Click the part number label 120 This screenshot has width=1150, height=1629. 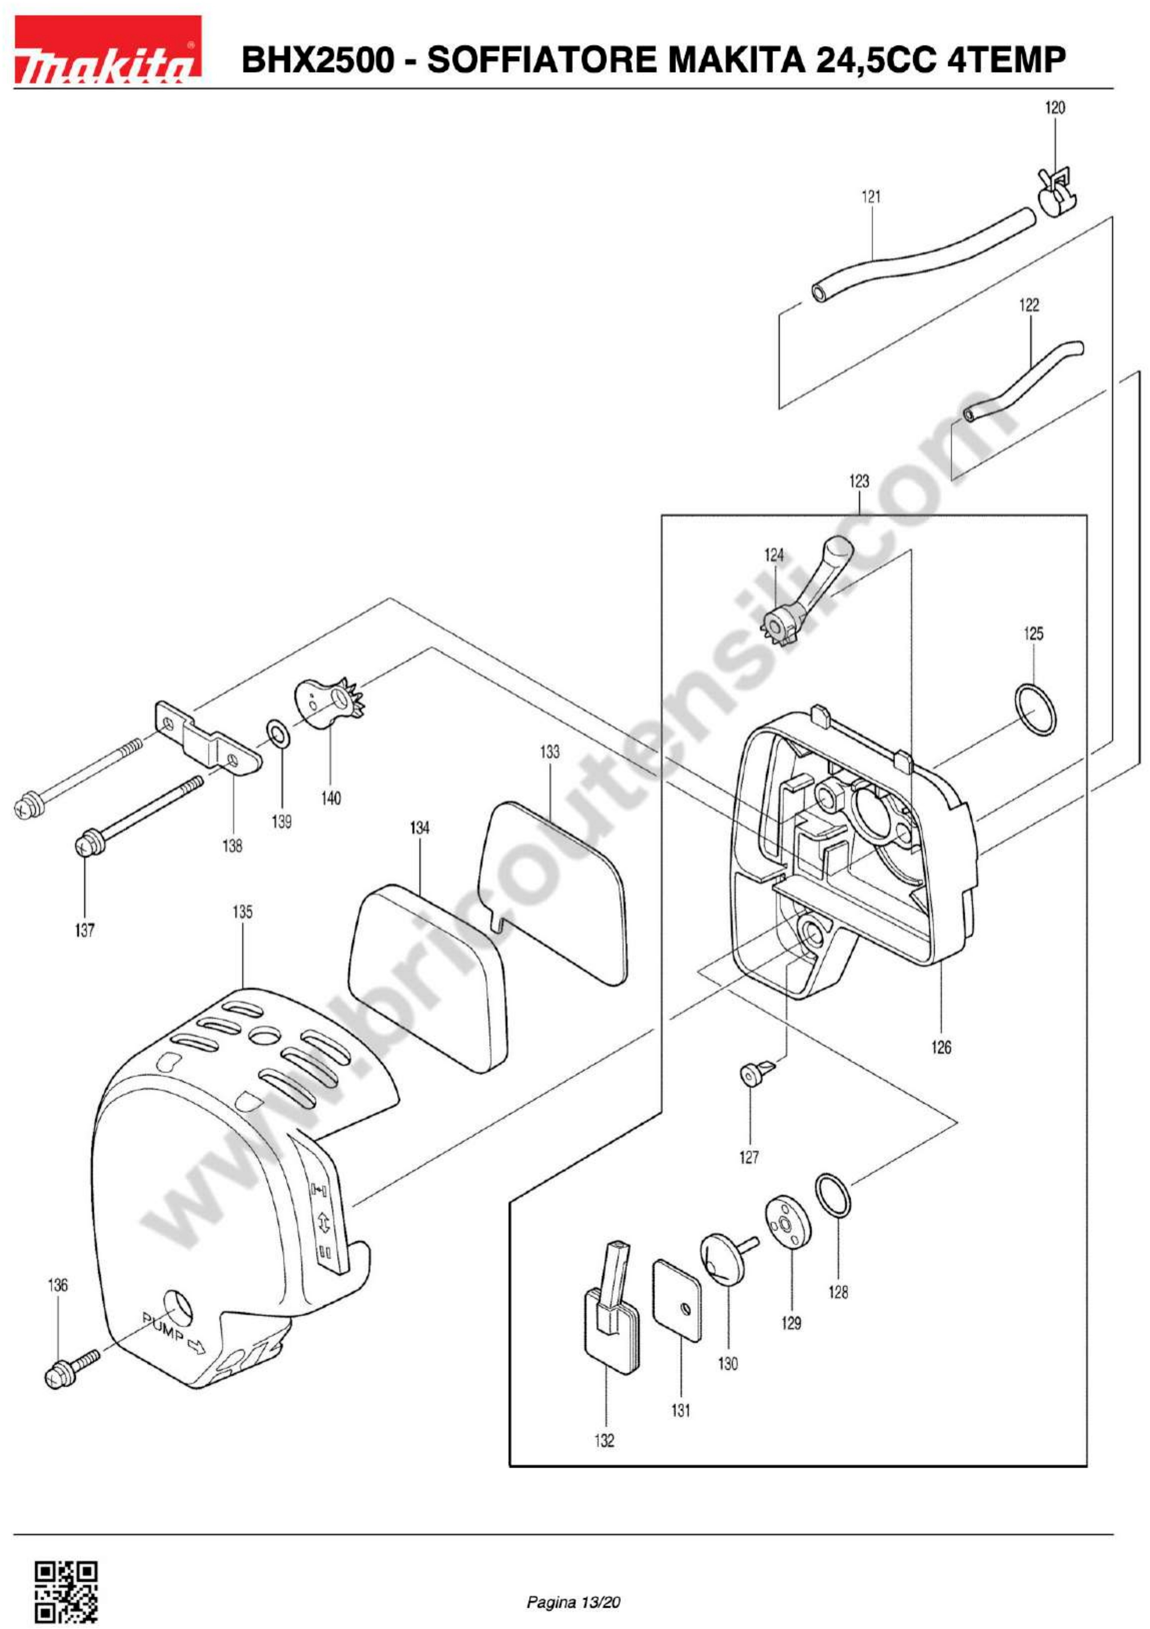click(1054, 108)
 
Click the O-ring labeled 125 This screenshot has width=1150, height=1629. click(1035, 710)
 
